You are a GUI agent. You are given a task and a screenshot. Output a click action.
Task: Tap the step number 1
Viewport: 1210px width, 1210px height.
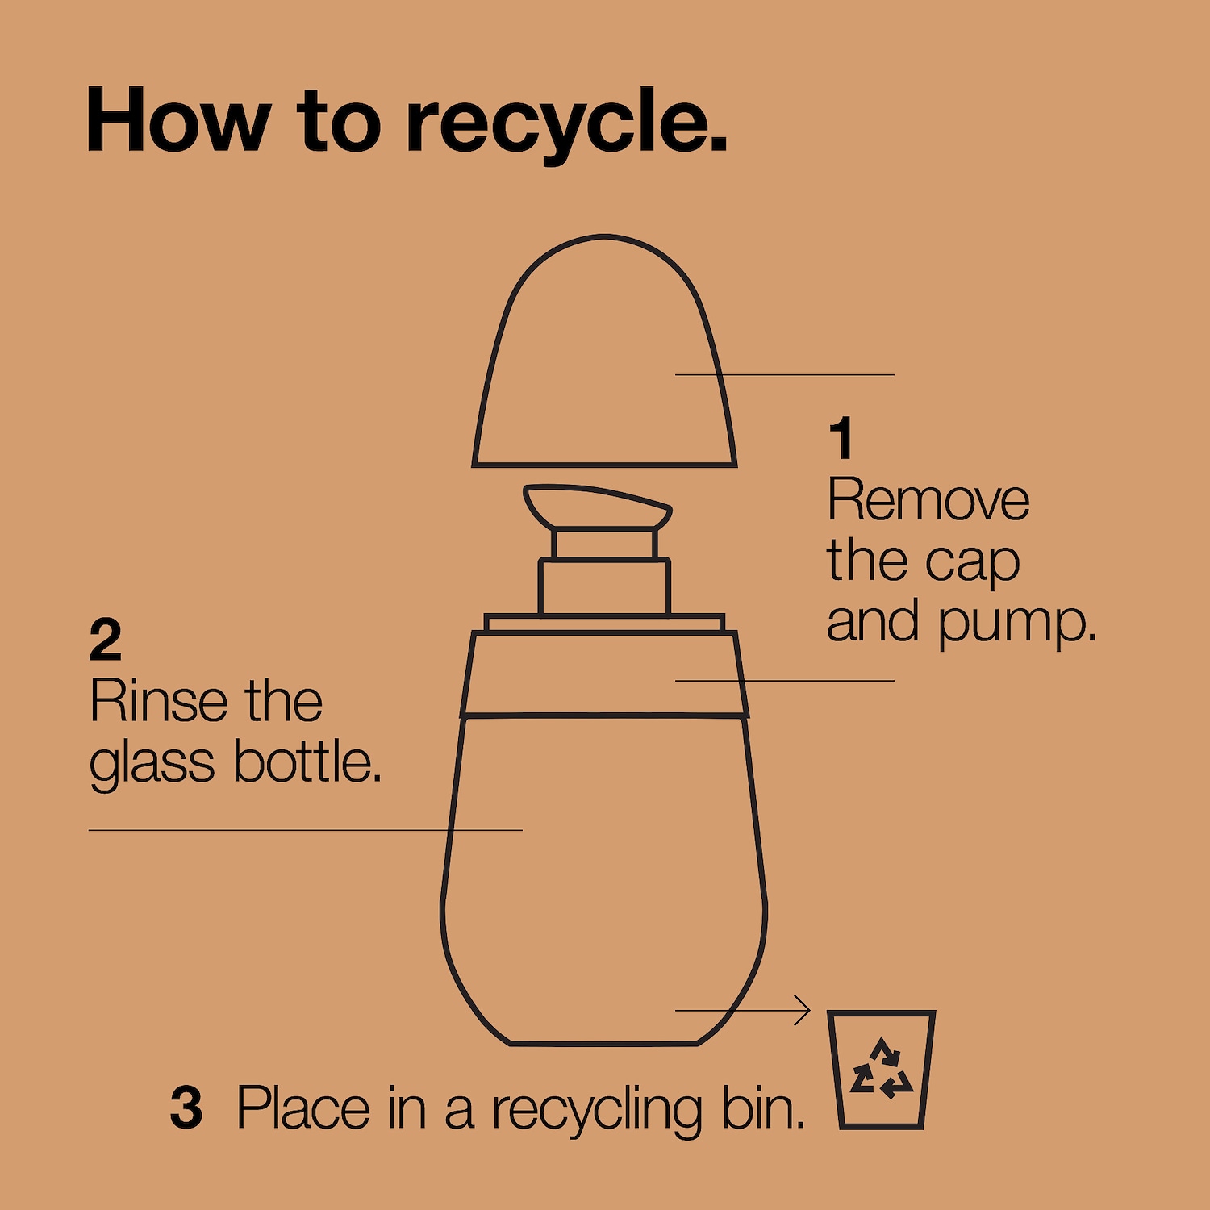click(x=841, y=438)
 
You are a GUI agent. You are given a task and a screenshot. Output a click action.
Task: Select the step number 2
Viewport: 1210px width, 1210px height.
click(x=106, y=640)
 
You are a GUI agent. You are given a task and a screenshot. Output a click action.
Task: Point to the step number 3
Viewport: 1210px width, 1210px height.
click(x=186, y=1108)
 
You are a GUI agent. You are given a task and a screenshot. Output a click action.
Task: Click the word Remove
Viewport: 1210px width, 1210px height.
click(x=928, y=500)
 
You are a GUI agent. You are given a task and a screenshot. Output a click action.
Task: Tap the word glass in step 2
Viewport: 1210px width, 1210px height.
click(x=152, y=763)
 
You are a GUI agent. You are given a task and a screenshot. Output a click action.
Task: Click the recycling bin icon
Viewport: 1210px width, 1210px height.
click(x=882, y=1069)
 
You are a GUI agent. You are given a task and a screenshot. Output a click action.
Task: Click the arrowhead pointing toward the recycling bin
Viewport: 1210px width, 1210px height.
click(x=803, y=1010)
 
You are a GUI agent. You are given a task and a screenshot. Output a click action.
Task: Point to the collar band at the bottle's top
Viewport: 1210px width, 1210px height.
click(x=604, y=674)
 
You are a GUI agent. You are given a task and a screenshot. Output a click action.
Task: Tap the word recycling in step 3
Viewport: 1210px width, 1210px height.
click(x=598, y=1110)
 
